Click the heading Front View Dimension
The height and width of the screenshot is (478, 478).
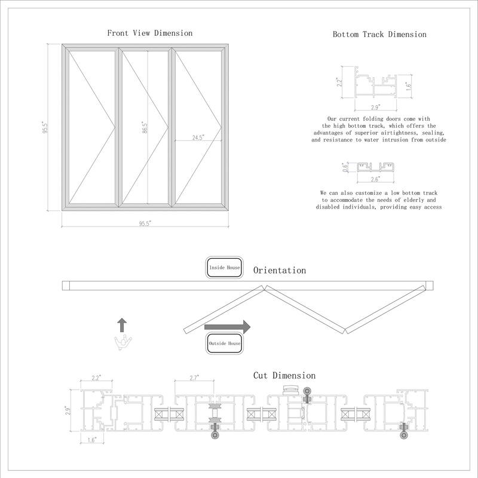(x=149, y=33)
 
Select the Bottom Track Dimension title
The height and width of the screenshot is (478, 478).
(x=379, y=34)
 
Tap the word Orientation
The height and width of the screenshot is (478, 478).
(x=280, y=271)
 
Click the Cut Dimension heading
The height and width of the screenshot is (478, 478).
(x=284, y=375)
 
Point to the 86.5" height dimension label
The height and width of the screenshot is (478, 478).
(x=145, y=128)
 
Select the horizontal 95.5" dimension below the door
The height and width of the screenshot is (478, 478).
(x=145, y=223)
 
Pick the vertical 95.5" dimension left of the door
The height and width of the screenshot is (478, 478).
(x=45, y=128)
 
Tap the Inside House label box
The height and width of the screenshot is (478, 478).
(x=224, y=268)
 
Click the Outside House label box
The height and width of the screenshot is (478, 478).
(x=224, y=344)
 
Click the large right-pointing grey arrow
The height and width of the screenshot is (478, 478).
(x=227, y=327)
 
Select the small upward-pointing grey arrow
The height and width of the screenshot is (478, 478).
(x=122, y=324)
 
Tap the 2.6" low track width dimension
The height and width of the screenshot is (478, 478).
(x=375, y=179)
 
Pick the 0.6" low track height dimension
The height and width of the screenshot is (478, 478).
(x=344, y=167)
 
